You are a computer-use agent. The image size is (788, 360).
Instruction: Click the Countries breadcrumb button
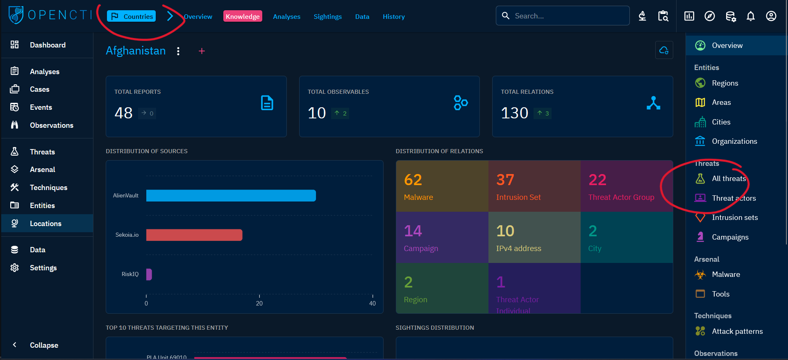[132, 16]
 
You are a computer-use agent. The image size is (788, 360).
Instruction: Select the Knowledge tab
[243, 16]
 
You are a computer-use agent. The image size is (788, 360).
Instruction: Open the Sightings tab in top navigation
[327, 16]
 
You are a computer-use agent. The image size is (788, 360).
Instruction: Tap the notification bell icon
[750, 16]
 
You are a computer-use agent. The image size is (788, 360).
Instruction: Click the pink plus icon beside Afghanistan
[202, 51]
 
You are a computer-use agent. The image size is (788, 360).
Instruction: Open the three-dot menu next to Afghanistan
[178, 51]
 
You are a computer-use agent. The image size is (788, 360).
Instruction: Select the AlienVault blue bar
[231, 196]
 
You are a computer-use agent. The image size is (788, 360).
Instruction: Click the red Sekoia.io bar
[194, 235]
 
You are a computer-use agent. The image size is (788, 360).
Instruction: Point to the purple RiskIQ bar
[149, 274]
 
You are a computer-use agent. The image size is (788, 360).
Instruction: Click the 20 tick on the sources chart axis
[259, 303]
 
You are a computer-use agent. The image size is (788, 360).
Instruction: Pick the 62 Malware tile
[442, 186]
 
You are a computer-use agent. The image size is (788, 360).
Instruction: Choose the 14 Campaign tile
[442, 238]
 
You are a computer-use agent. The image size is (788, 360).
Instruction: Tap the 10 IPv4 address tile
[534, 238]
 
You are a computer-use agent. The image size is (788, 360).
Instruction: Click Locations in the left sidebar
[45, 224]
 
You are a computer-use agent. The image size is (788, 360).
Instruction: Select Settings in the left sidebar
[43, 268]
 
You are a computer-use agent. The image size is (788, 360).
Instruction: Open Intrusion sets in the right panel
[734, 217]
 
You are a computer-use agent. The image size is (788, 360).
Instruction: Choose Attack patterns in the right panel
[737, 331]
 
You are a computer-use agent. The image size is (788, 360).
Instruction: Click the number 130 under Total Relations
[515, 113]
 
